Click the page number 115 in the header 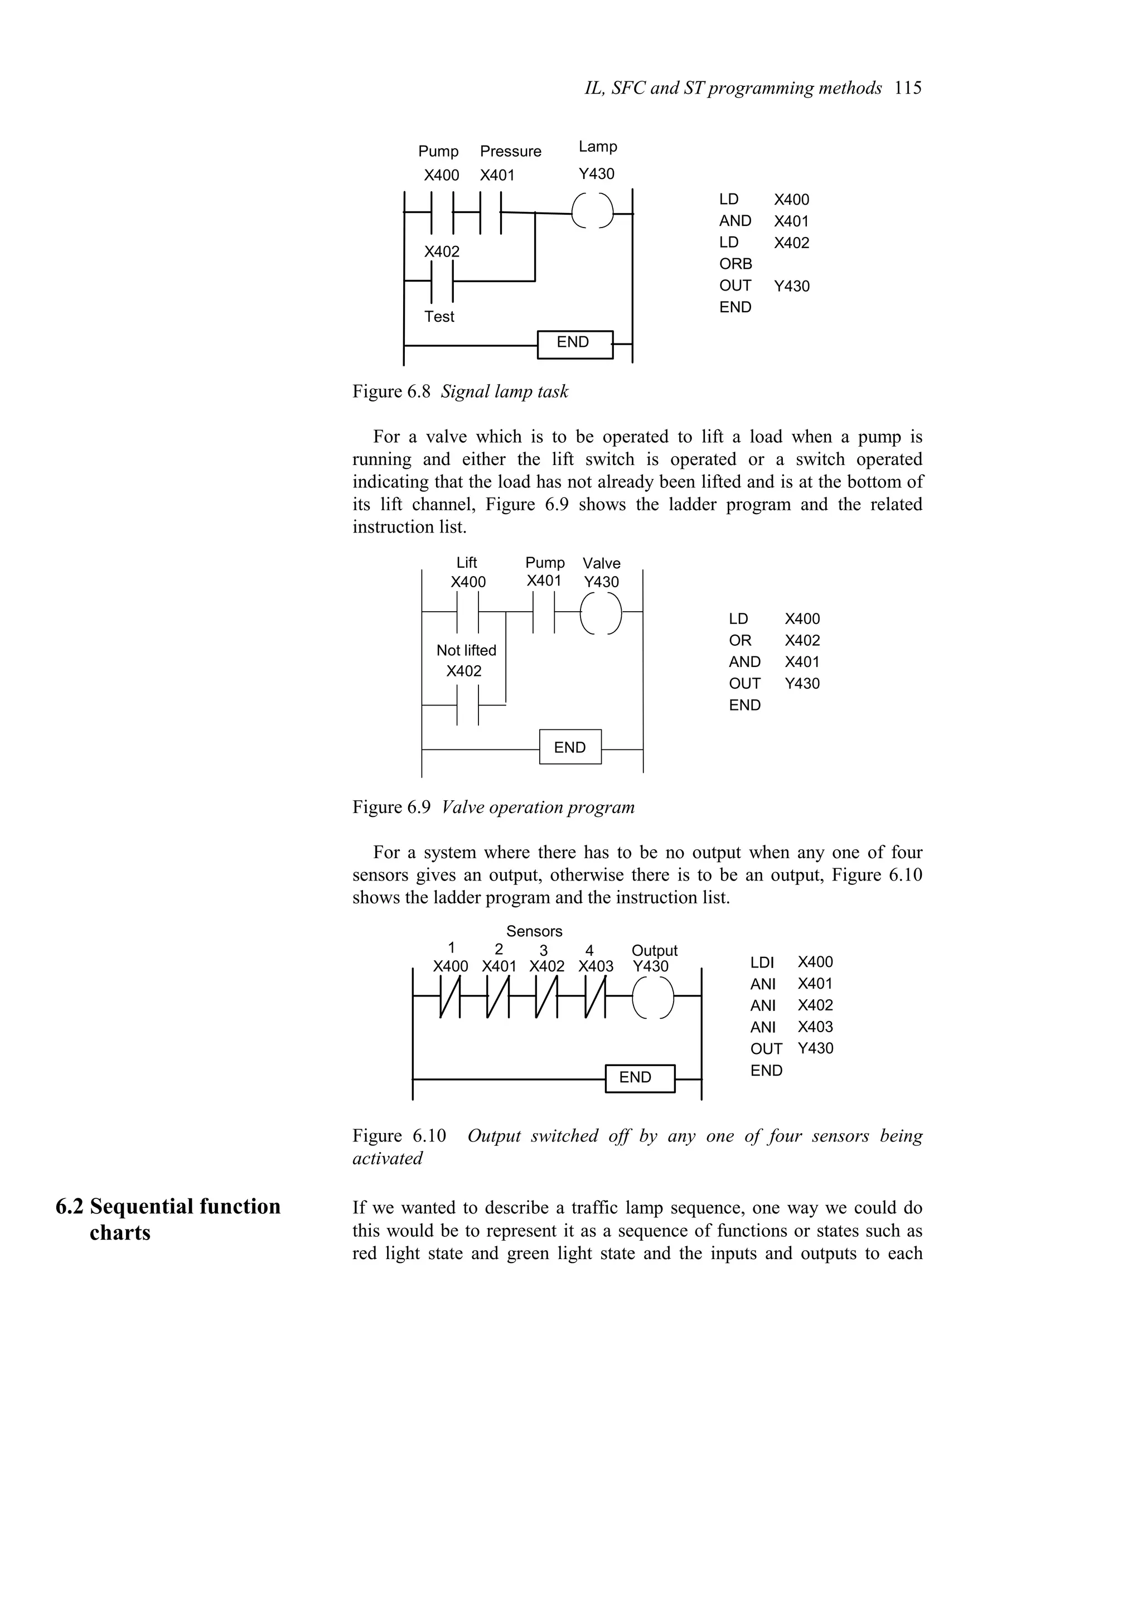click(x=908, y=88)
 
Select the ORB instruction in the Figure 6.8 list click(x=735, y=264)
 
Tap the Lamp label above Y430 click(x=597, y=147)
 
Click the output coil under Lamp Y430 click(x=592, y=210)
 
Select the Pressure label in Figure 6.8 click(x=510, y=151)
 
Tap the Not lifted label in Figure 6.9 click(x=466, y=650)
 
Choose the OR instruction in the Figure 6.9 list click(x=739, y=641)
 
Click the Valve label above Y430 click(x=601, y=563)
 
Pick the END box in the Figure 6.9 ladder click(x=570, y=747)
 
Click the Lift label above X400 click(x=467, y=562)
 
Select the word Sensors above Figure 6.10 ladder click(x=534, y=931)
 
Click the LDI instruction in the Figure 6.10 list click(x=762, y=962)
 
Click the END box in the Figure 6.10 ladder click(x=639, y=1077)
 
